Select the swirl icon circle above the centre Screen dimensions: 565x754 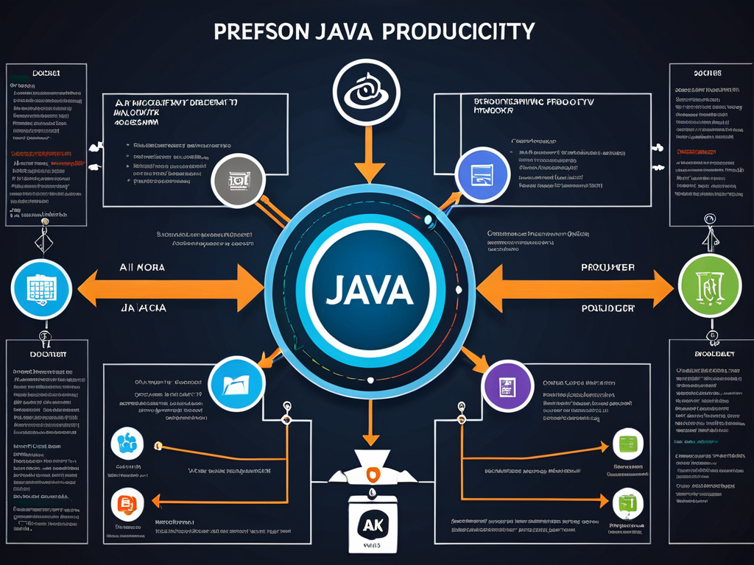click(366, 93)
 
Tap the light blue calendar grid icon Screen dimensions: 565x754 click(41, 289)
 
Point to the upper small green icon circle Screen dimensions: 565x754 click(628, 444)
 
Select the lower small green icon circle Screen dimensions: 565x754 click(628, 502)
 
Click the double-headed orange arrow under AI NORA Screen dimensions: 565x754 click(169, 286)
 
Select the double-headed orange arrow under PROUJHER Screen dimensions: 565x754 click(574, 286)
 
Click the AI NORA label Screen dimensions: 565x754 click(142, 268)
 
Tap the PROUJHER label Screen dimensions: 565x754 click(608, 268)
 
